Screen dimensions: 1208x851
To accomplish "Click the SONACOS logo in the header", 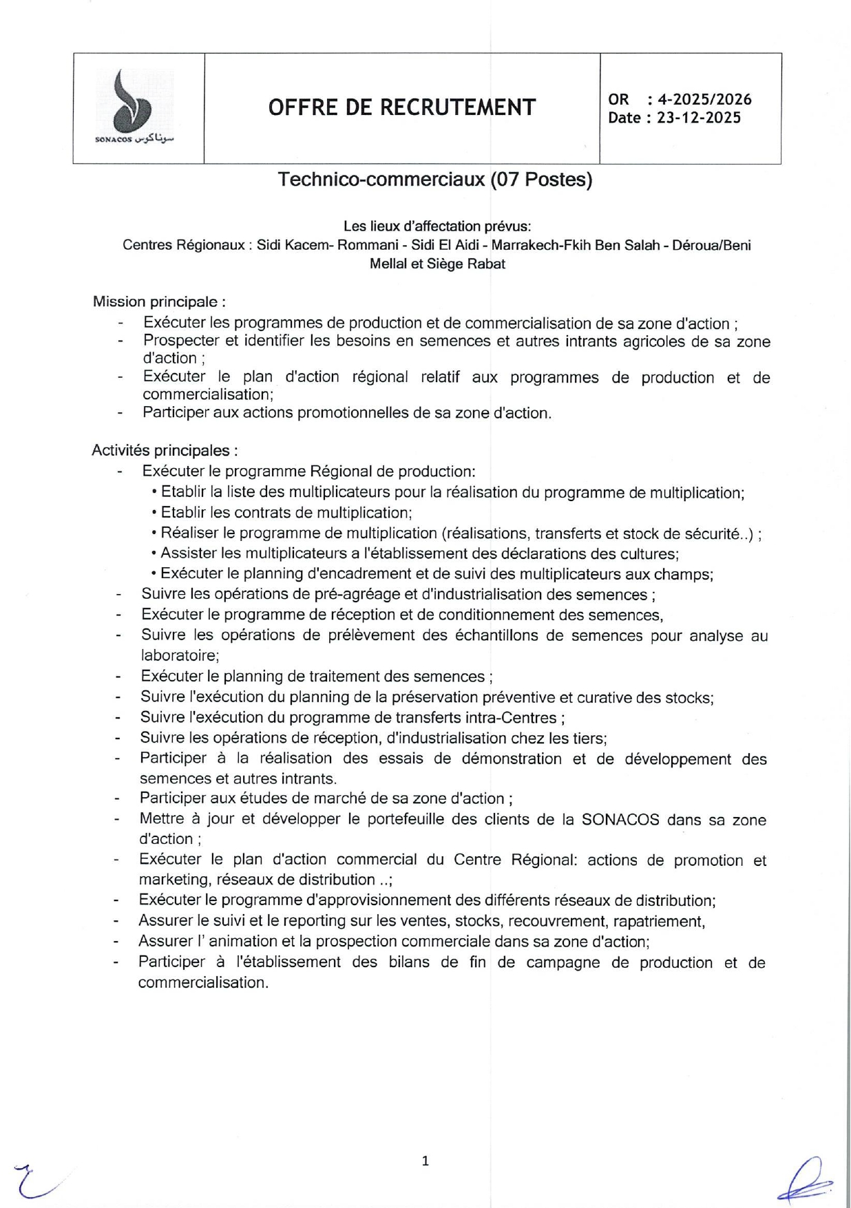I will tap(136, 107).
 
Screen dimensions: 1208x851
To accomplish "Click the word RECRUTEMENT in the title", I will tap(457, 107).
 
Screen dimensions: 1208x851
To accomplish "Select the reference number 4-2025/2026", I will tap(704, 100).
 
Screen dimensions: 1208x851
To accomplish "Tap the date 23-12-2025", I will tap(698, 118).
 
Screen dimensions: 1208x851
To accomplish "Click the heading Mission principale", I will tap(158, 301).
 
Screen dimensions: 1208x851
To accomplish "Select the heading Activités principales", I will tap(164, 450).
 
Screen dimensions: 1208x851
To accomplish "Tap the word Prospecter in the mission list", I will tap(181, 341).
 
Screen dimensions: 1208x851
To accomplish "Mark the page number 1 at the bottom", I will tap(425, 1161).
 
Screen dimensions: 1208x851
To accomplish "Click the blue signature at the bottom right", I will tap(806, 1180).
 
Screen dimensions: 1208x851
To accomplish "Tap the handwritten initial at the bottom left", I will tap(34, 1180).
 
